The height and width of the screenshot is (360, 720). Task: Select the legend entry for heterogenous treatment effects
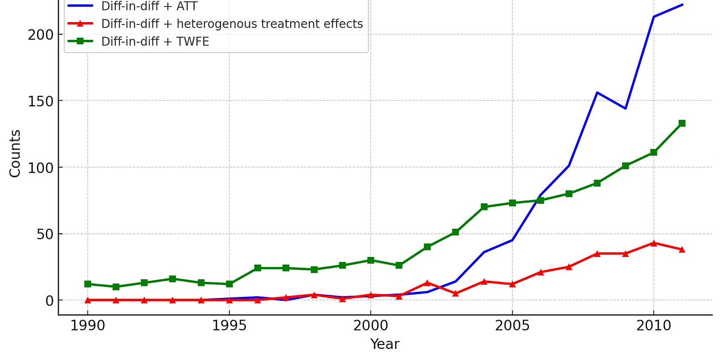click(x=232, y=24)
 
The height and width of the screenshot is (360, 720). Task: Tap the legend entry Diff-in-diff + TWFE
click(x=155, y=42)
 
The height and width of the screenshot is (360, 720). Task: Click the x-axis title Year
click(x=384, y=344)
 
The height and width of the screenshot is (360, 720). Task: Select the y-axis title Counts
click(x=15, y=153)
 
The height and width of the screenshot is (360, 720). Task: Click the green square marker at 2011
click(x=682, y=124)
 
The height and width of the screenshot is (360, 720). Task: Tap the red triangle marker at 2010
click(x=654, y=243)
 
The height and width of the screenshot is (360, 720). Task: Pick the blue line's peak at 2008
click(x=597, y=92)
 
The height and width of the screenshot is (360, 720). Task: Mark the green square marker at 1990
click(x=88, y=284)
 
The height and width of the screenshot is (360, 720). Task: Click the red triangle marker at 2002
click(x=427, y=283)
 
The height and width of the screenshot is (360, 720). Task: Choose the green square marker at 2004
click(x=484, y=207)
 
